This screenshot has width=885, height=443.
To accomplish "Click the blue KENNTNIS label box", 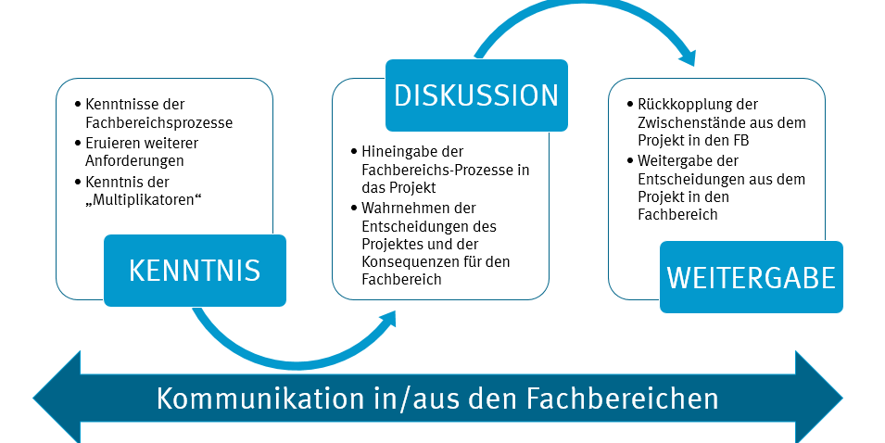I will pos(195,271).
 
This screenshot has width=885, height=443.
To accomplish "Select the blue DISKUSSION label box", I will pos(476,95).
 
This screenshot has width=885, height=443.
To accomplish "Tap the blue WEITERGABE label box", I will pos(751,277).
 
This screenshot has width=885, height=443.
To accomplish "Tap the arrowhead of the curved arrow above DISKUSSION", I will pos(687,57).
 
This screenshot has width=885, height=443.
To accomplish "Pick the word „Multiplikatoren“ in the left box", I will pos(143,198).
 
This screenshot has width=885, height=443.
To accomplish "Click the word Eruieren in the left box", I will pos(111,144).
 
